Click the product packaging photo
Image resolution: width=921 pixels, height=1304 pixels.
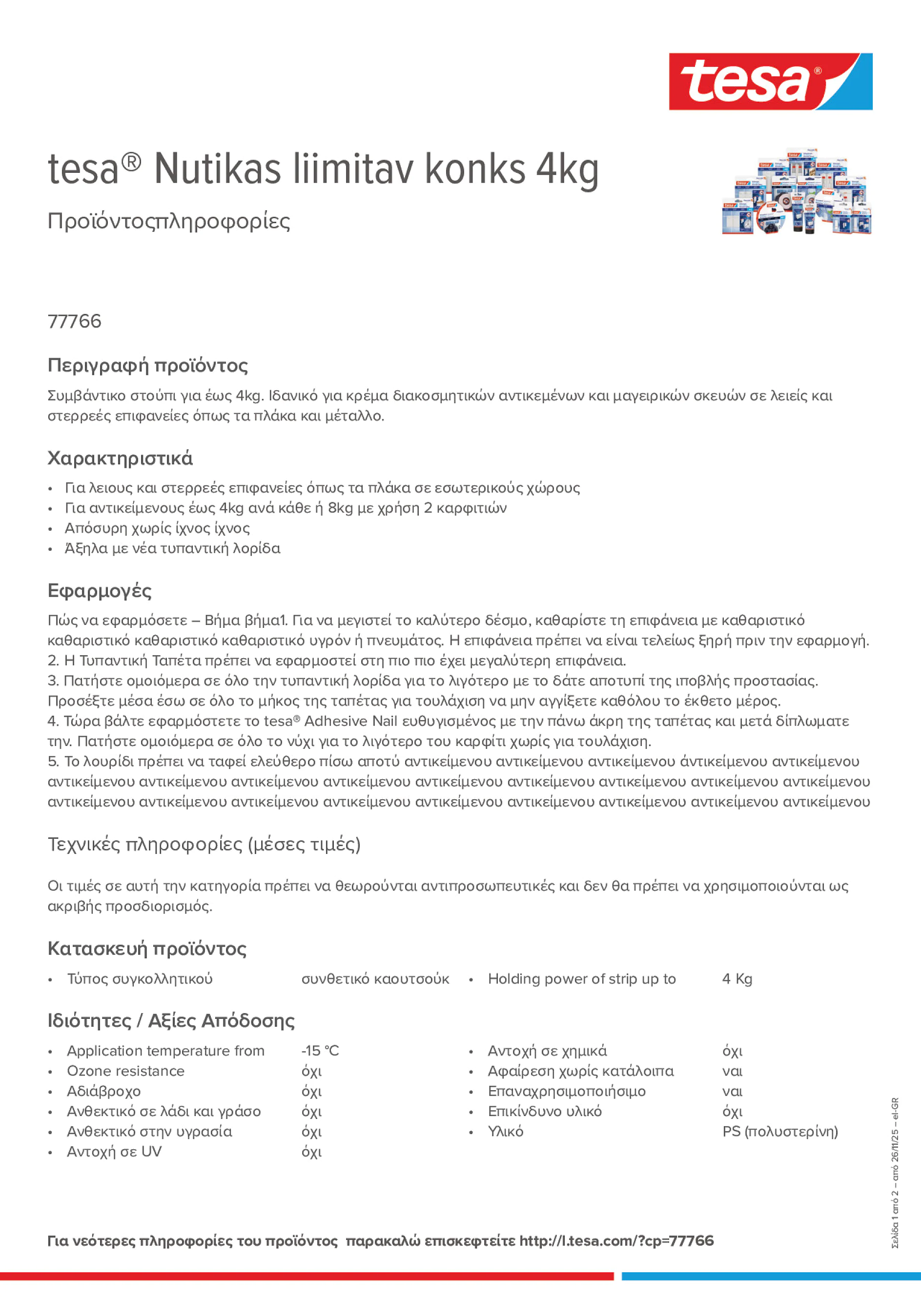coord(796,192)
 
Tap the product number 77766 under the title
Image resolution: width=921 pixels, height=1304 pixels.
coord(74,321)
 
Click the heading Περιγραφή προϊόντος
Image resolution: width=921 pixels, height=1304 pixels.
coord(147,365)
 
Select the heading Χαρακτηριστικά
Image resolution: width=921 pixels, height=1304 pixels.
coord(120,458)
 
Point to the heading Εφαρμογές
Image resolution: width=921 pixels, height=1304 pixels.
coord(100,591)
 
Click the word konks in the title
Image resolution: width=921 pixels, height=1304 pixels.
coord(475,169)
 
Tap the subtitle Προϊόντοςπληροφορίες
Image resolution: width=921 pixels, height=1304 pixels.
coord(169,221)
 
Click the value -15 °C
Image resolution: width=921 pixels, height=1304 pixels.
coord(320,1051)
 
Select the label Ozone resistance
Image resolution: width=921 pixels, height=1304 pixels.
coord(125,1071)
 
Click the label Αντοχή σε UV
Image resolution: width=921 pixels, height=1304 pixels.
coord(114,1152)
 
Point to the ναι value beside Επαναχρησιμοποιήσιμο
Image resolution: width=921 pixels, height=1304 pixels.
coord(732,1091)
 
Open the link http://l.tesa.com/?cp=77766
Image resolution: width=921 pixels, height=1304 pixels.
coord(616,1241)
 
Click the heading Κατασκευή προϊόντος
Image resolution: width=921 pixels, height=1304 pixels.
coord(147,949)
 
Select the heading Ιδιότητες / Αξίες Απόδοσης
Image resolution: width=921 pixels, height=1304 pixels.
coord(171,1020)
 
